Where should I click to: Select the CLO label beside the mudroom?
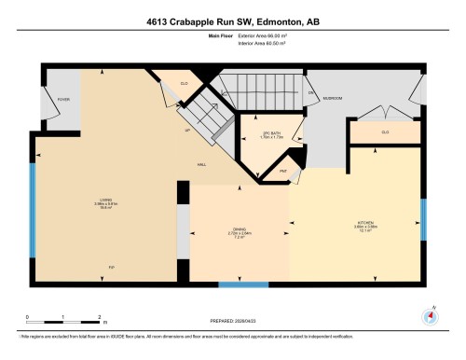pos(384,132)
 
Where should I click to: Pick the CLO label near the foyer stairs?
pos(184,85)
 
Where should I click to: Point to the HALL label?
pos(201,163)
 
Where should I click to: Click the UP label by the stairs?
pos(190,130)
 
